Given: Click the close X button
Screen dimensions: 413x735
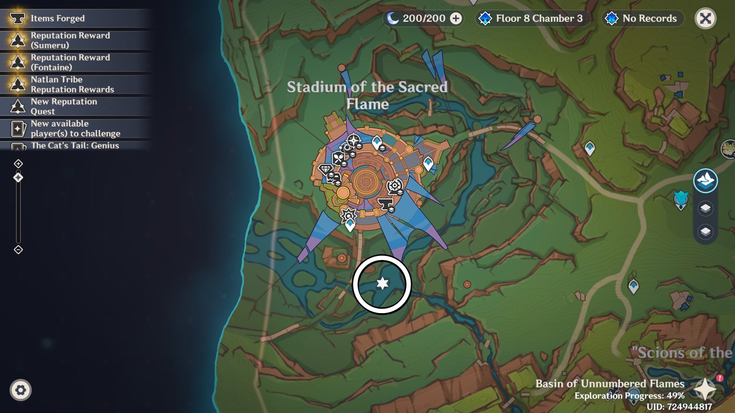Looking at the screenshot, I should coord(705,18).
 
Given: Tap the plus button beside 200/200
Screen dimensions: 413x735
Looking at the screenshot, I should coord(456,18).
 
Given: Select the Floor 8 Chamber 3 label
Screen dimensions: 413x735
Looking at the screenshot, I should coord(539,18).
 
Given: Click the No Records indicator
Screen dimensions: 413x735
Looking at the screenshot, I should coord(649,18).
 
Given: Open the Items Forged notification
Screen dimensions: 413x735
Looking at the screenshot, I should coord(57,18).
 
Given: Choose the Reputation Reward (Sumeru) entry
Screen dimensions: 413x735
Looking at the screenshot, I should coord(70,40).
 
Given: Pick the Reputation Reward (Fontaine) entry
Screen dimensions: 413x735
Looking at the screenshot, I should coord(70,62).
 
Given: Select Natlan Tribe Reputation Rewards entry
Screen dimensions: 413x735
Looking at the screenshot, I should coord(72,85).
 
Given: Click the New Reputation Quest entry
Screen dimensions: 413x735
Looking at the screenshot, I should coord(64,106).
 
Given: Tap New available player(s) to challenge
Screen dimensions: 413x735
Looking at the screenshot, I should coord(75,128).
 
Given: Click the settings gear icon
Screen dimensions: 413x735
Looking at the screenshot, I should coord(21,390).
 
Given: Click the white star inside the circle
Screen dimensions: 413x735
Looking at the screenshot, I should coord(382,283).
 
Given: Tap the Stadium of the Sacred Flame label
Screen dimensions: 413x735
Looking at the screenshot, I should coord(367,95).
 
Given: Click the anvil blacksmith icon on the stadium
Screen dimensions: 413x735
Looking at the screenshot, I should coord(385,204).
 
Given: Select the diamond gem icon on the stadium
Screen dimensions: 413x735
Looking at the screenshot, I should coord(325,169).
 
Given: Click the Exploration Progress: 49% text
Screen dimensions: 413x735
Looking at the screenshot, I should coord(629,396).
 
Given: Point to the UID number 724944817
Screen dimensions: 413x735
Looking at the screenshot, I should coord(689,407).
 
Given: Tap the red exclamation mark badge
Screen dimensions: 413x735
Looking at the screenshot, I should coord(720,378).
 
